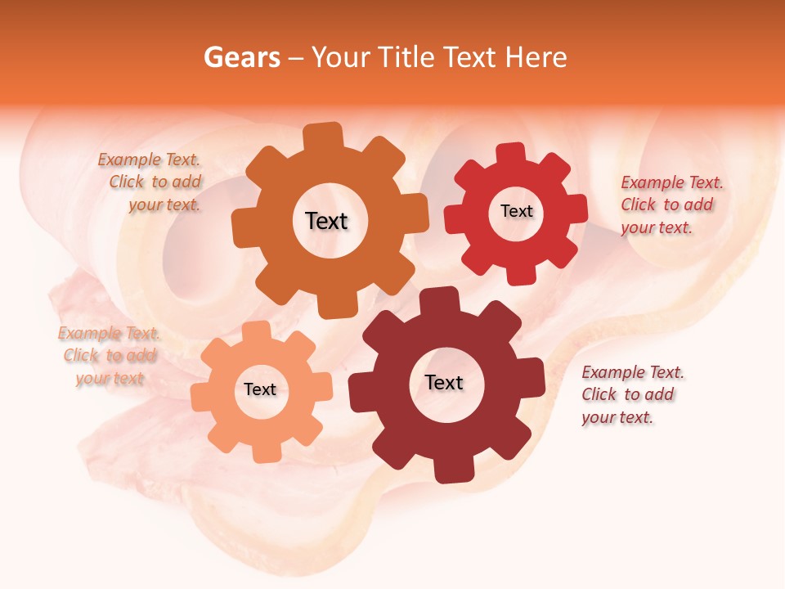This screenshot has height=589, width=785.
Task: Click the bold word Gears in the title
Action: coord(241,57)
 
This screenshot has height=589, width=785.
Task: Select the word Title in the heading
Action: coord(404,57)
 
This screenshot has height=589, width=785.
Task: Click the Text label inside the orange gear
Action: coord(327,221)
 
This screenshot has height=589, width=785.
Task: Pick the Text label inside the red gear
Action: coord(516,211)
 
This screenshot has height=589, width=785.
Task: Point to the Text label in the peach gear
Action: coord(260,389)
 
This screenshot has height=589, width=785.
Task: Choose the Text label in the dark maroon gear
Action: coord(444,382)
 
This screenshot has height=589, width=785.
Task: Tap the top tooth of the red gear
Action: coord(511,153)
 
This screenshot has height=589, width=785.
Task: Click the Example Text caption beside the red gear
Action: coord(671,205)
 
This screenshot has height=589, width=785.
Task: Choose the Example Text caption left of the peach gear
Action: coord(110,356)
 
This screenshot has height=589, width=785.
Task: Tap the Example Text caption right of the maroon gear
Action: coord(631,394)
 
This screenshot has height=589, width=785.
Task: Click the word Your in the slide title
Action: coord(341,57)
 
